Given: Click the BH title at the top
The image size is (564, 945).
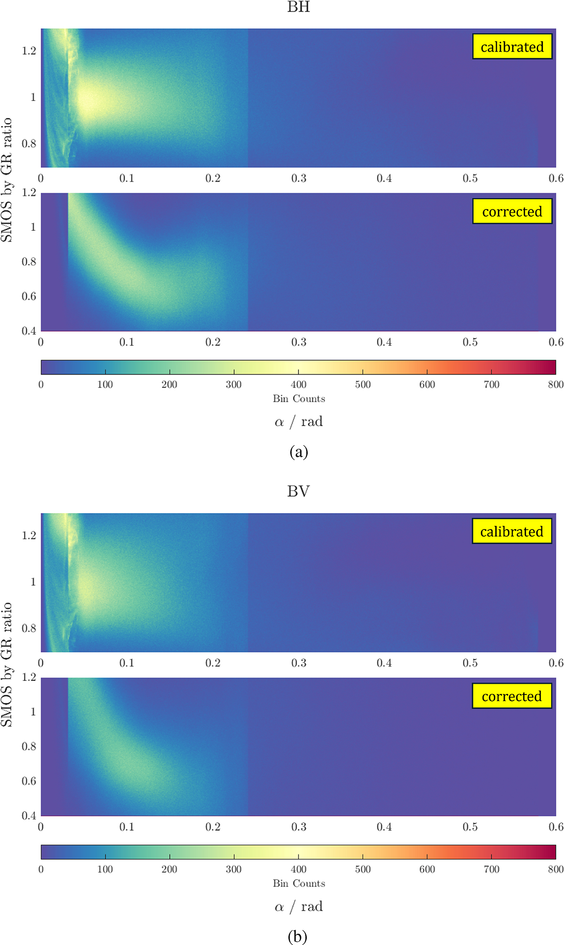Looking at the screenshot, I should [298, 7].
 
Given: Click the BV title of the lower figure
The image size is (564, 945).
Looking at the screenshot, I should [298, 492].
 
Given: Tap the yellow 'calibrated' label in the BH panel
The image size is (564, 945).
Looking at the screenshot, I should [512, 47].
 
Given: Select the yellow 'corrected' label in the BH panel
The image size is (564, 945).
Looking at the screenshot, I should [512, 211].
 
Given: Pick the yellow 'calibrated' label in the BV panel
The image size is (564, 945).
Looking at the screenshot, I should [511, 531].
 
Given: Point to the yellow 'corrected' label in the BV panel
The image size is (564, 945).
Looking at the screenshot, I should [511, 696].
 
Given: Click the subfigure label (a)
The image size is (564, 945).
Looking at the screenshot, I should [299, 452].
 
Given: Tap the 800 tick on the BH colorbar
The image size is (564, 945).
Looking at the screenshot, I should [556, 385].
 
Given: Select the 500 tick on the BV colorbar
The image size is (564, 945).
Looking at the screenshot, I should [363, 869].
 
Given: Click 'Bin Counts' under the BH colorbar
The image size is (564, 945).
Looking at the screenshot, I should [299, 399].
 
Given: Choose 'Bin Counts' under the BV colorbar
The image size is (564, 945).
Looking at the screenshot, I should [299, 883].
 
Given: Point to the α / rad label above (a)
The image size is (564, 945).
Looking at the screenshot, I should [299, 422].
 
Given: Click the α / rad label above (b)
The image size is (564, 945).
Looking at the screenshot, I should [299, 906].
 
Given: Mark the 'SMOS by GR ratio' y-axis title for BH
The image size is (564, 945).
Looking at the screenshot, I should [7, 180].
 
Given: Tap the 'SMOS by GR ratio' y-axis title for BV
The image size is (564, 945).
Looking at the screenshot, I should [7, 664].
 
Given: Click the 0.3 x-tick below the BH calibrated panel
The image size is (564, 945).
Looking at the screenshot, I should [298, 179].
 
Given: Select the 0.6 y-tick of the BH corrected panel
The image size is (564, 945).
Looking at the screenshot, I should [29, 297].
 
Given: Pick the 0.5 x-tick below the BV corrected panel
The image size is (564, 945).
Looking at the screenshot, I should [470, 827].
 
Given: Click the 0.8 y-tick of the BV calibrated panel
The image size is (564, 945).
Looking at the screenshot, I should [29, 628].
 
